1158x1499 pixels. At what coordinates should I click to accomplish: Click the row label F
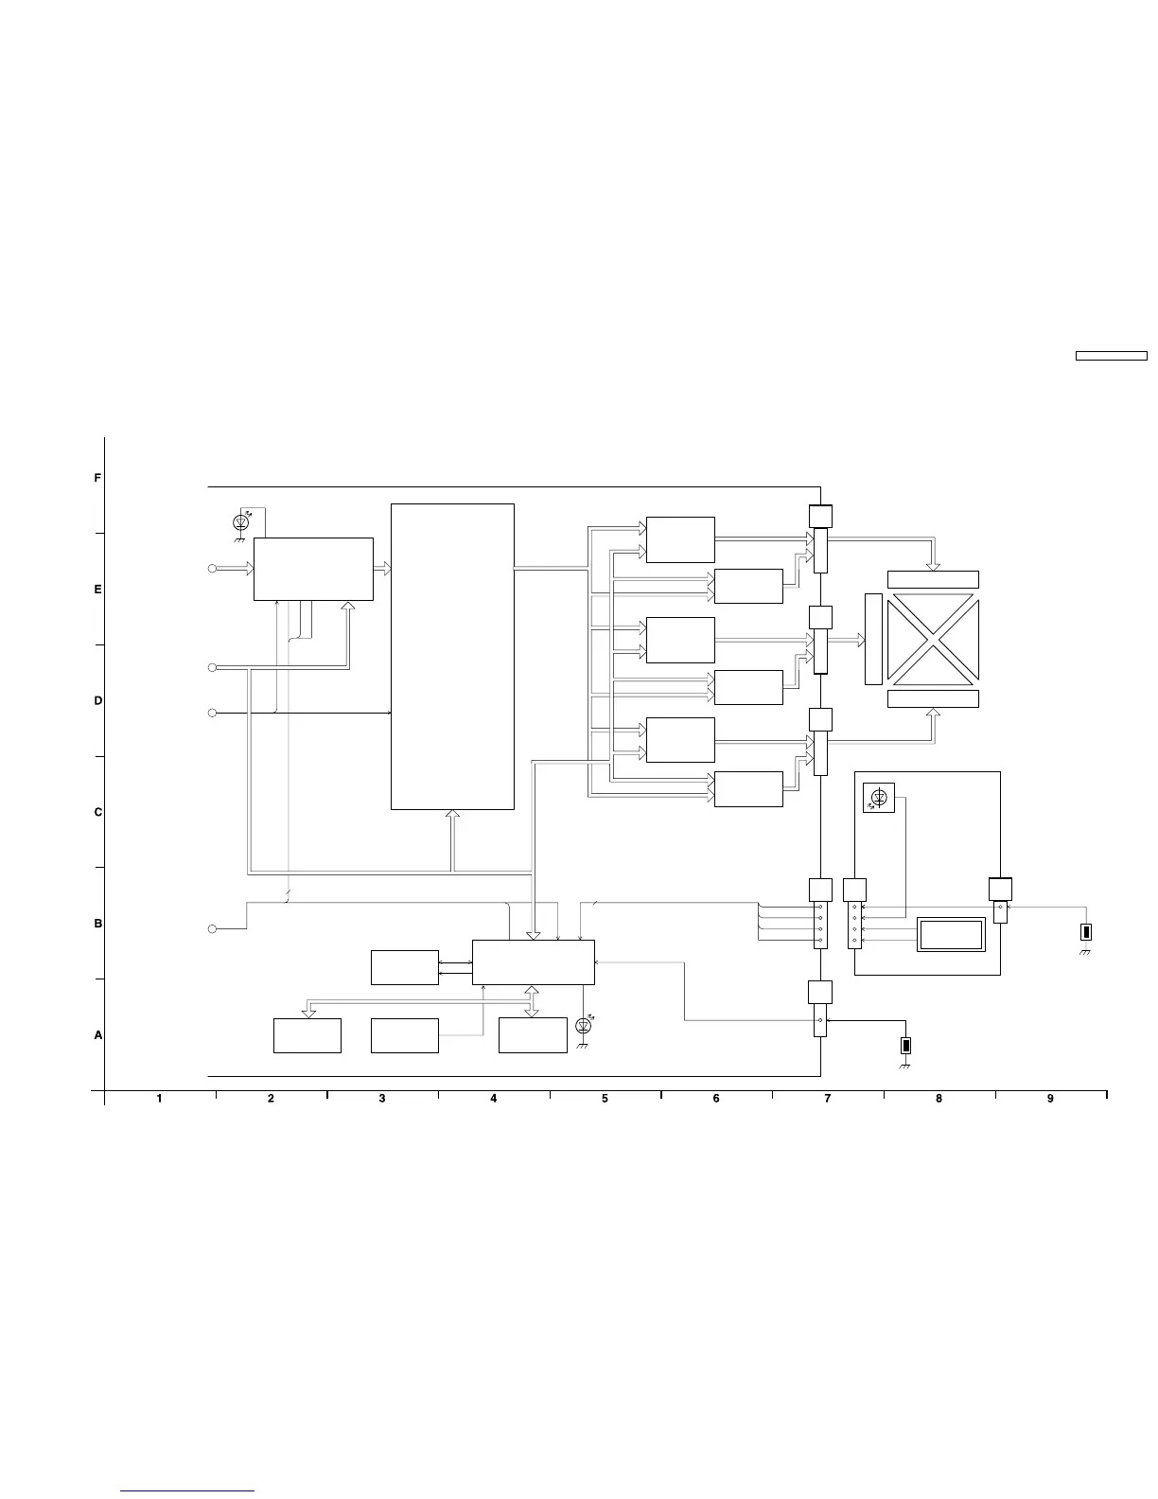(97, 478)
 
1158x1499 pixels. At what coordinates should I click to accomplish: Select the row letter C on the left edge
(98, 812)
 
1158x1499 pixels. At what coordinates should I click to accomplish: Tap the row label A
(98, 1034)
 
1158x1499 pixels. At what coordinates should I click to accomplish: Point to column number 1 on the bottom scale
(159, 1098)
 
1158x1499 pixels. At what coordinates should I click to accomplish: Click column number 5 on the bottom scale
(605, 1098)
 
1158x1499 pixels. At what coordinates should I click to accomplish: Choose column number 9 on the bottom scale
(1050, 1098)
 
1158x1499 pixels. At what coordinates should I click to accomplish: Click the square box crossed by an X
(933, 639)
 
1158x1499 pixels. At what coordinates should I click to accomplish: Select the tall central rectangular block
(452, 656)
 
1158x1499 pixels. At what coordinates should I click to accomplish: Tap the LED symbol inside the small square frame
(879, 798)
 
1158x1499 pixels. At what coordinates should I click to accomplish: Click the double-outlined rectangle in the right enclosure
(951, 935)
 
